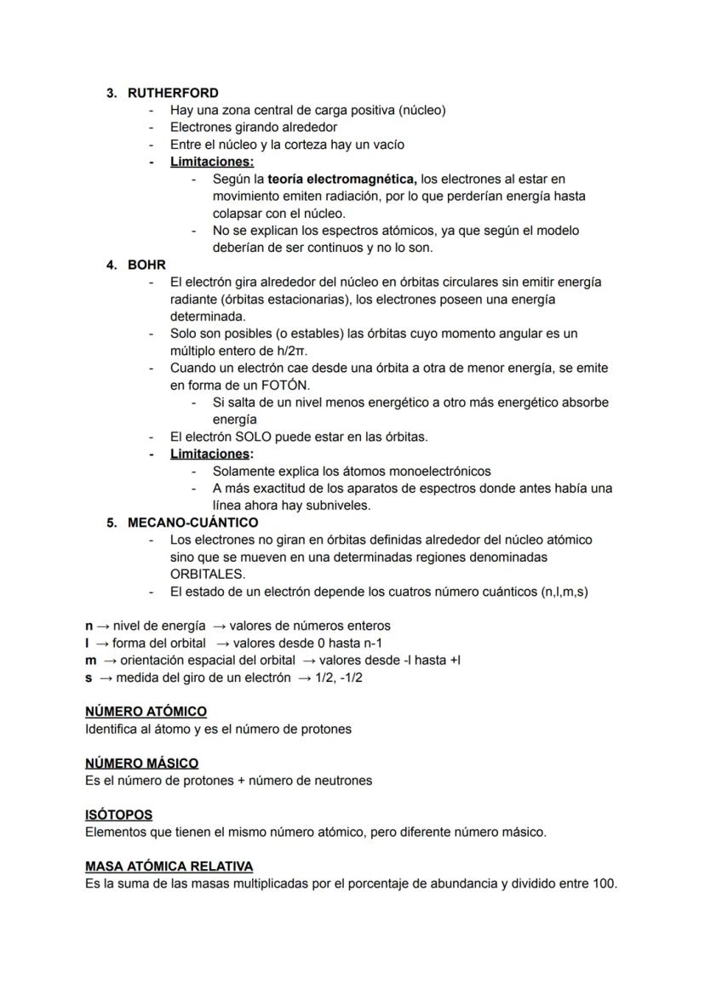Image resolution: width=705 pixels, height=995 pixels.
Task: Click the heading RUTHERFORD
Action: pyautogui.click(x=173, y=93)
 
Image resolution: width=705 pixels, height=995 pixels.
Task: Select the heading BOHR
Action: pyautogui.click(x=146, y=265)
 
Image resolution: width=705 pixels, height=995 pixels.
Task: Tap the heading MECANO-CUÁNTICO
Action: pyautogui.click(x=192, y=523)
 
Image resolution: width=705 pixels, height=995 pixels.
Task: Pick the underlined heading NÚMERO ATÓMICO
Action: pyautogui.click(x=146, y=712)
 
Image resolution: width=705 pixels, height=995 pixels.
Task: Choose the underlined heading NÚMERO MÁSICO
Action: pyautogui.click(x=141, y=763)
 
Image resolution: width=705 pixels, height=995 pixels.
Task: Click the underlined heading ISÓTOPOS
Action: pyautogui.click(x=118, y=815)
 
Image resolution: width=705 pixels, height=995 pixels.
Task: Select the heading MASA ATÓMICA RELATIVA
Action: pyautogui.click(x=169, y=866)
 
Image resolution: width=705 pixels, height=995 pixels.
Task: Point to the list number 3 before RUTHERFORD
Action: pyautogui.click(x=111, y=93)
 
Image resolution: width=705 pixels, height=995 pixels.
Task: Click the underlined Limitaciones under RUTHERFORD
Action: pyautogui.click(x=211, y=162)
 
